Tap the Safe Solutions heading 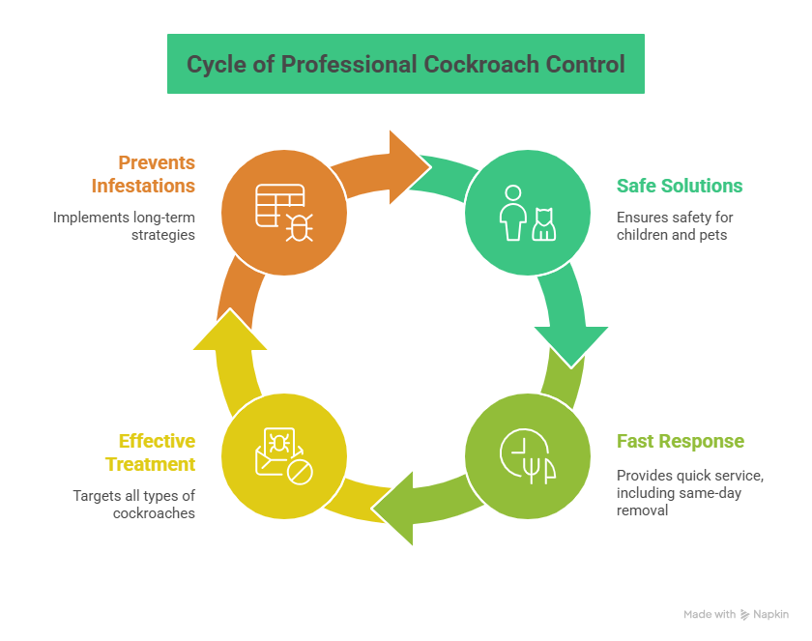point(680,186)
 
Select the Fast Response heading point(680,442)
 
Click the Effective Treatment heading point(157,452)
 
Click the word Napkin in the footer point(771,614)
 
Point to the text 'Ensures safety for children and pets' point(675,225)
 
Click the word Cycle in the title point(215,65)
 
